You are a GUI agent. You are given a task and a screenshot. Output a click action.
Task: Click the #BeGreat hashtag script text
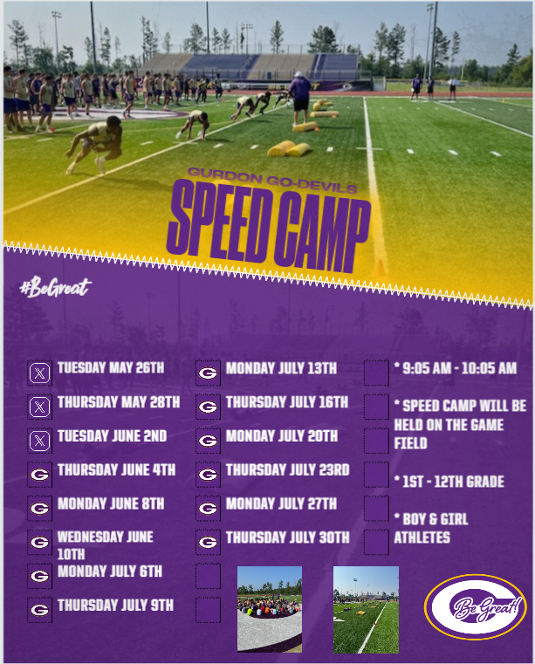point(56,287)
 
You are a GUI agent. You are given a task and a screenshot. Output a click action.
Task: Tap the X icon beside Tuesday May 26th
point(39,373)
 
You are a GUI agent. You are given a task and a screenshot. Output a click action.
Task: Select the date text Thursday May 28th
point(119,402)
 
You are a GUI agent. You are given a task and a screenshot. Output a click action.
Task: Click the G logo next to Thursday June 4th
point(39,475)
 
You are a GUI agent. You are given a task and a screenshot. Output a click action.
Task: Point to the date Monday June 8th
point(111,503)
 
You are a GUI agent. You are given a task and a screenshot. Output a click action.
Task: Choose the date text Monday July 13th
point(281,368)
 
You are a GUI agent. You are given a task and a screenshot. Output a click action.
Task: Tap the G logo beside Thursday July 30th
point(208,542)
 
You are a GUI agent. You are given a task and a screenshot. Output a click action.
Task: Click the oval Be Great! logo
point(476,606)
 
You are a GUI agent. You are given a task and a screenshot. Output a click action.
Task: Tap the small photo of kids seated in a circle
point(270,609)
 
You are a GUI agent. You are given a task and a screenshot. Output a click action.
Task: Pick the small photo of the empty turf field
point(366,610)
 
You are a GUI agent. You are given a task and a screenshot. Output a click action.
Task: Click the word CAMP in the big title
point(323,232)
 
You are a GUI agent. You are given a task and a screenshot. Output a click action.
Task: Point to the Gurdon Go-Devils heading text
point(272,181)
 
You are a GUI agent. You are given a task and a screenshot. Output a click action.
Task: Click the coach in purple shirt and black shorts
point(300,98)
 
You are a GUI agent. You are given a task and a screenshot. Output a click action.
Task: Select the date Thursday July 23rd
point(288,469)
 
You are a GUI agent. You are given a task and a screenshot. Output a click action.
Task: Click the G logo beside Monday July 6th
point(39,576)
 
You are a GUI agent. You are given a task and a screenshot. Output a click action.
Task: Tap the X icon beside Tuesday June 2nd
point(39,441)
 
